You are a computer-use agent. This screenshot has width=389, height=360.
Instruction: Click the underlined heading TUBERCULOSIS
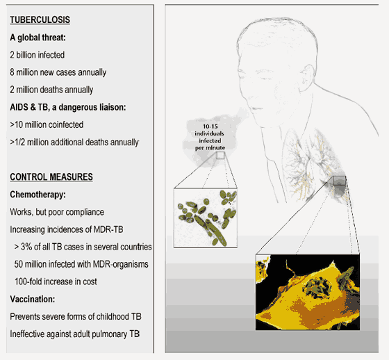(x=40, y=20)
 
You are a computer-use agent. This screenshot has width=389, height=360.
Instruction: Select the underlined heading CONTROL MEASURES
(x=51, y=177)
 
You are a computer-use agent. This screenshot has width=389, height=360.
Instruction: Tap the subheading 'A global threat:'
(x=38, y=38)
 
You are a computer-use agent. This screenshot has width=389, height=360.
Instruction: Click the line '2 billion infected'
(x=38, y=55)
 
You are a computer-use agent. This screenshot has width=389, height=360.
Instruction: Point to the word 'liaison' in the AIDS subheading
(x=113, y=107)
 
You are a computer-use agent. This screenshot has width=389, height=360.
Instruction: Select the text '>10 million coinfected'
(x=47, y=124)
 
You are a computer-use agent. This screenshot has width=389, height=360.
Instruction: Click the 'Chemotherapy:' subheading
(x=38, y=195)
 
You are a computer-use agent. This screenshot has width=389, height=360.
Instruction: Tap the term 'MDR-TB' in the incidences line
(x=108, y=229)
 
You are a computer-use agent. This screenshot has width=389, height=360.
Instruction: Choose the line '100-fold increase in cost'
(x=56, y=281)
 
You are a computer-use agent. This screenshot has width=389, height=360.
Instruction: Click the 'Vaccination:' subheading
(x=32, y=299)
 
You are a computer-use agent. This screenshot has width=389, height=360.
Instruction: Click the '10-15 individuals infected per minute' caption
(x=210, y=137)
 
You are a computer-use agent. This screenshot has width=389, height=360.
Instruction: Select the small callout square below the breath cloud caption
(x=220, y=156)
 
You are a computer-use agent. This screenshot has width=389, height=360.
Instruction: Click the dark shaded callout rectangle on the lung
(x=339, y=181)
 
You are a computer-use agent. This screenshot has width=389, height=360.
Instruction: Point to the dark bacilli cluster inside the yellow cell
(x=317, y=288)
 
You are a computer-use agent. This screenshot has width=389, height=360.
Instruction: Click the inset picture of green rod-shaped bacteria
(x=206, y=218)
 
